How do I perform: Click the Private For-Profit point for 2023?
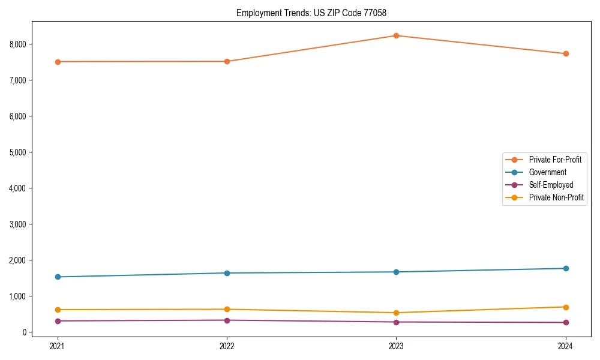point(396,35)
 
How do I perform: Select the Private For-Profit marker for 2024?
point(565,53)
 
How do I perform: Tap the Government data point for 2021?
point(58,277)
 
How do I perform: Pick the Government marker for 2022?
point(227,273)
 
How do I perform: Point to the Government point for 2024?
point(565,268)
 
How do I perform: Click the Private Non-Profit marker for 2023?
point(396,313)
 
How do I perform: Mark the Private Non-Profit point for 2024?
point(565,307)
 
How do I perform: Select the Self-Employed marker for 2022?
point(227,320)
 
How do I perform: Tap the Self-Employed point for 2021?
point(58,321)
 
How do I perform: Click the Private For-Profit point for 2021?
point(58,62)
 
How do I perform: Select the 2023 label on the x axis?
point(396,346)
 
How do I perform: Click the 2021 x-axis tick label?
point(58,346)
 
